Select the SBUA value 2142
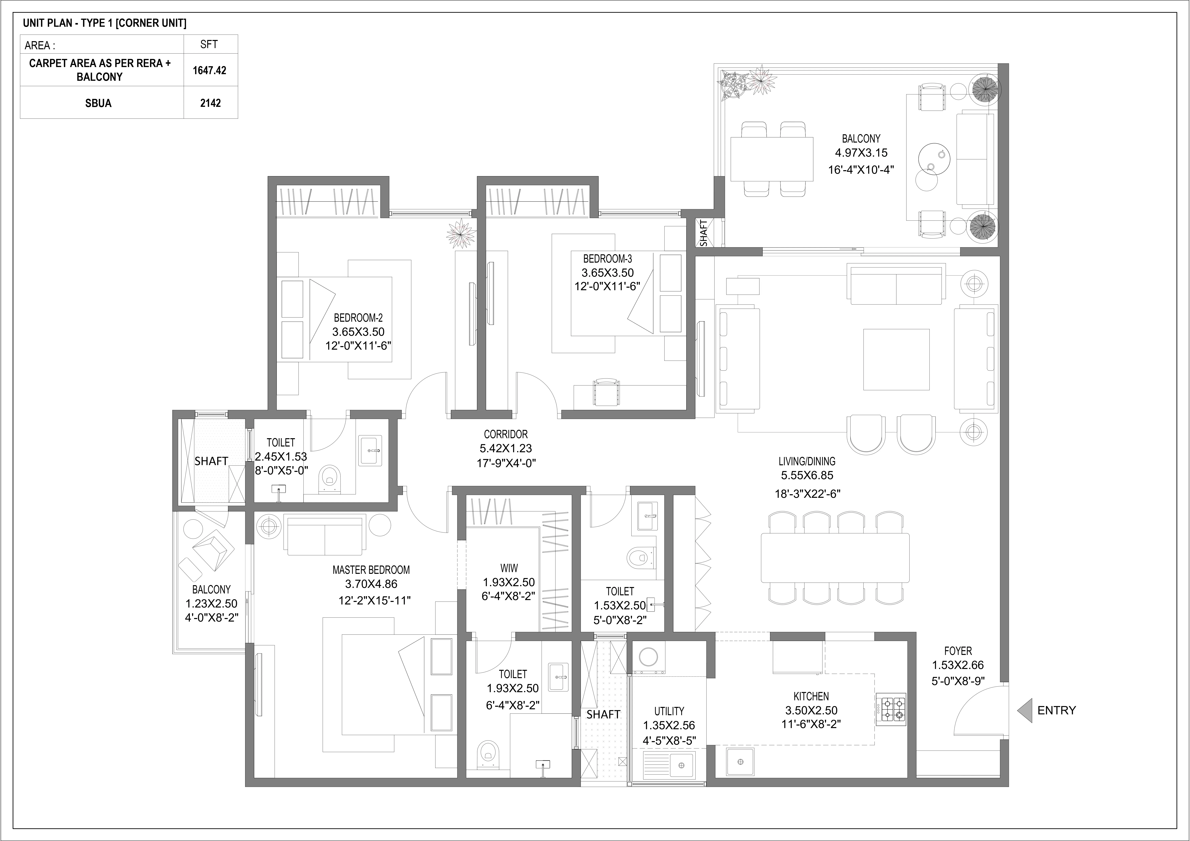click(x=211, y=103)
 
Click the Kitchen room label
click(x=811, y=697)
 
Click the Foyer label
click(x=958, y=651)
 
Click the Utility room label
click(x=669, y=711)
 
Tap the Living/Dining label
click(x=807, y=461)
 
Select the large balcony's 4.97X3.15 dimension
click(x=861, y=153)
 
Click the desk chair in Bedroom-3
click(x=606, y=392)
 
